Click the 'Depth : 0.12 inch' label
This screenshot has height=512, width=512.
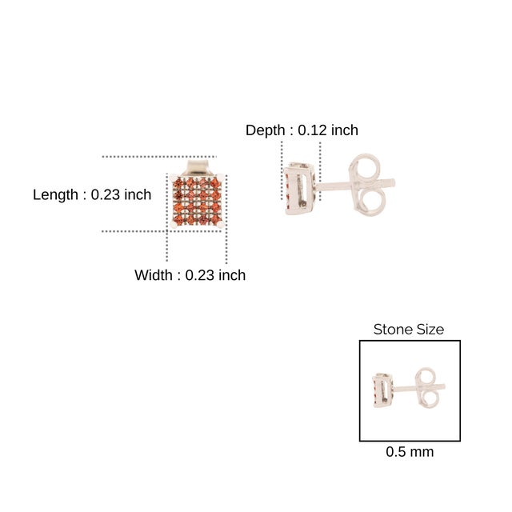click(x=302, y=130)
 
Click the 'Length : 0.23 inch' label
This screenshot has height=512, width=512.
click(x=92, y=194)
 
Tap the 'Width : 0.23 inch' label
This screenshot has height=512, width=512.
click(x=190, y=275)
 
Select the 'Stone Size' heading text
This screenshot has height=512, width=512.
click(x=409, y=330)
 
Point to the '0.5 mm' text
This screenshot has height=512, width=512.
click(x=410, y=452)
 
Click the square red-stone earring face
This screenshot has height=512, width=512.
click(x=197, y=201)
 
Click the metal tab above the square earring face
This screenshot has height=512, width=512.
click(x=197, y=166)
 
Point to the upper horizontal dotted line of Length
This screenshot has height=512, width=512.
click(x=159, y=157)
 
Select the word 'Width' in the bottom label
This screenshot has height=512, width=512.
click(x=153, y=275)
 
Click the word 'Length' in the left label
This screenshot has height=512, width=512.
click(x=55, y=194)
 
